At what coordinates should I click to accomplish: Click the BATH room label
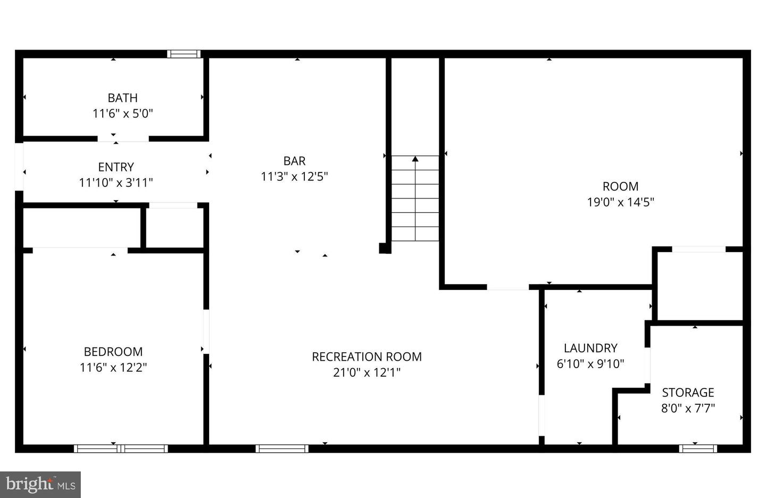(122, 98)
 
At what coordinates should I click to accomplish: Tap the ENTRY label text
(116, 167)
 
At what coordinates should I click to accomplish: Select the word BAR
(294, 161)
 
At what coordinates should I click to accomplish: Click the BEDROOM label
(113, 352)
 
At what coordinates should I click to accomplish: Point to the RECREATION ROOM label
(367, 356)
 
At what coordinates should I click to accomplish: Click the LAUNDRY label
(590, 348)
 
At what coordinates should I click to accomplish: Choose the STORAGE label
(688, 393)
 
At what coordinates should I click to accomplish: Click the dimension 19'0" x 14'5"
(620, 202)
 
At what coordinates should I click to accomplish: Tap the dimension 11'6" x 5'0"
(122, 113)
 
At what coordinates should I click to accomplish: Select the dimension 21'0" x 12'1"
(367, 372)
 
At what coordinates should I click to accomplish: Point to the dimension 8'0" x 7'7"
(688, 408)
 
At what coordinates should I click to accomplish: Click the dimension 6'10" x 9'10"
(590, 364)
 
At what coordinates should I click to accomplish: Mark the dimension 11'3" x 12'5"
(294, 176)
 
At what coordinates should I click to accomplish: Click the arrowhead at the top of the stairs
(415, 159)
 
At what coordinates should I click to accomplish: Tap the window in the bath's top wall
(184, 54)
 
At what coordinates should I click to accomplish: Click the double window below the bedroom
(121, 449)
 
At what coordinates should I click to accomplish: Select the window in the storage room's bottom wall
(697, 449)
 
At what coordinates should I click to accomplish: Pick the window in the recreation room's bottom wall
(282, 449)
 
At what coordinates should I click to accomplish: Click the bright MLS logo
(40, 485)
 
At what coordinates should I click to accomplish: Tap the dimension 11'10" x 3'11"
(116, 182)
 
